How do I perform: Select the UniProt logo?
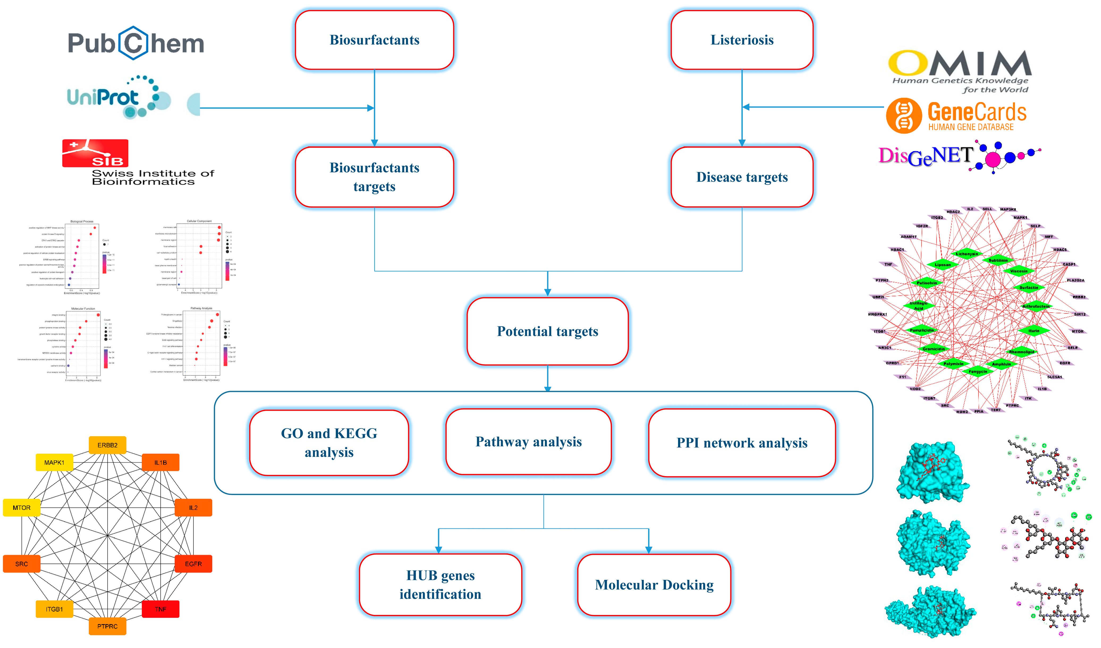click(118, 97)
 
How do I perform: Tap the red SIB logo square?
click(95, 153)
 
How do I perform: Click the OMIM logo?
click(959, 70)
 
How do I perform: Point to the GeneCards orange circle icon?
click(904, 116)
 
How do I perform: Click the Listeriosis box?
click(742, 40)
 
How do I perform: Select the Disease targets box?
click(742, 177)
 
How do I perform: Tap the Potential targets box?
click(547, 331)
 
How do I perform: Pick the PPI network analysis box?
click(742, 443)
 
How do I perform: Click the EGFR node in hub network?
click(193, 564)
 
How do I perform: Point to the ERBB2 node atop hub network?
click(108, 445)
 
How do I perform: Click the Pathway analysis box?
click(528, 442)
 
